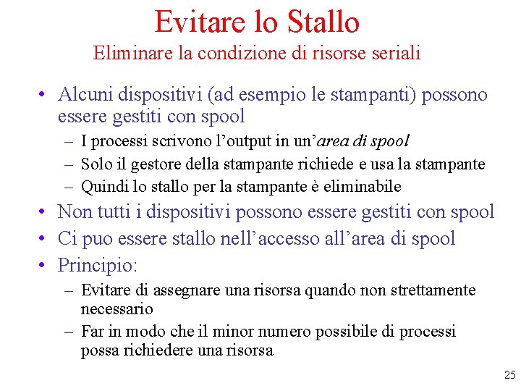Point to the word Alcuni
click(85, 94)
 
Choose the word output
click(238, 141)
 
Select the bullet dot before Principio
click(44, 265)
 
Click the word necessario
click(117, 308)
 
